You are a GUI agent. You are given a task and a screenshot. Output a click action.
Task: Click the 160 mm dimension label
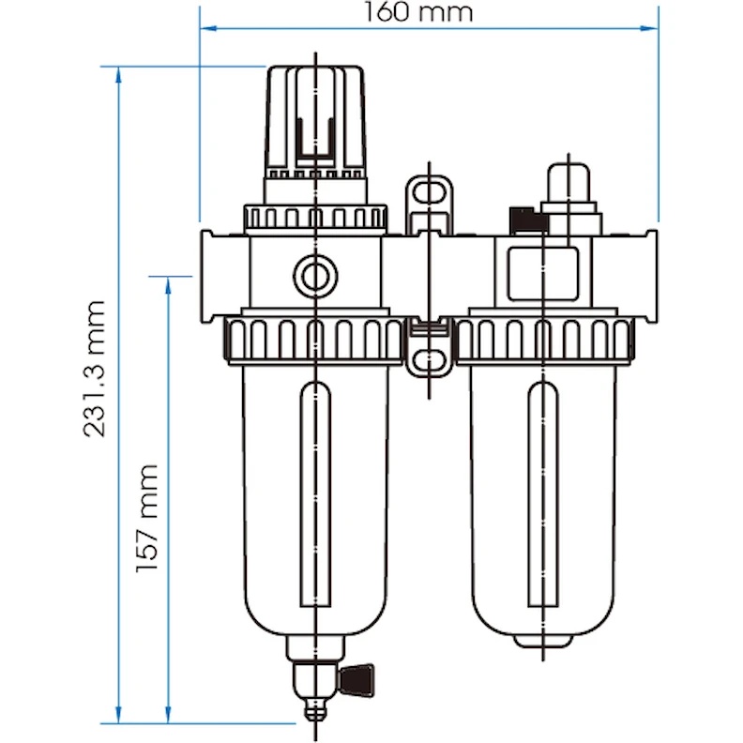pyautogui.click(x=418, y=12)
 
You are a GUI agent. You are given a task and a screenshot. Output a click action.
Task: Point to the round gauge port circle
pyautogui.click(x=314, y=274)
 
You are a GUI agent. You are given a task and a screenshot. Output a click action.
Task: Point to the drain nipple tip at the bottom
pyautogui.click(x=315, y=717)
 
